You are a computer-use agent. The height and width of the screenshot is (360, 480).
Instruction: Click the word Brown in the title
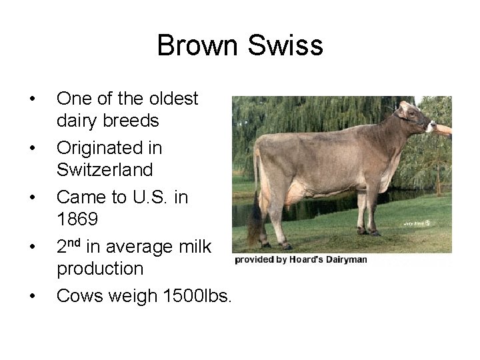point(197,46)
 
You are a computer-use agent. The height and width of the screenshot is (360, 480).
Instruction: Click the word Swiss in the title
point(285,46)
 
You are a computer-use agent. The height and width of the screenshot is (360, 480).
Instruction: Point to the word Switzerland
point(105,170)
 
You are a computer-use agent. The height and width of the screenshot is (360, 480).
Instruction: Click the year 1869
point(79,219)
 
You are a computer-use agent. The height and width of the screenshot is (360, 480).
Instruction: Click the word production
point(100,269)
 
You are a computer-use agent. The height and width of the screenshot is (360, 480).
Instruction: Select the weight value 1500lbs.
point(198,295)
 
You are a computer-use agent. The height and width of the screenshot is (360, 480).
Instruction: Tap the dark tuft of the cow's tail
point(255,227)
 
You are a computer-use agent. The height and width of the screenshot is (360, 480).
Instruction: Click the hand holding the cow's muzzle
point(443,129)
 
